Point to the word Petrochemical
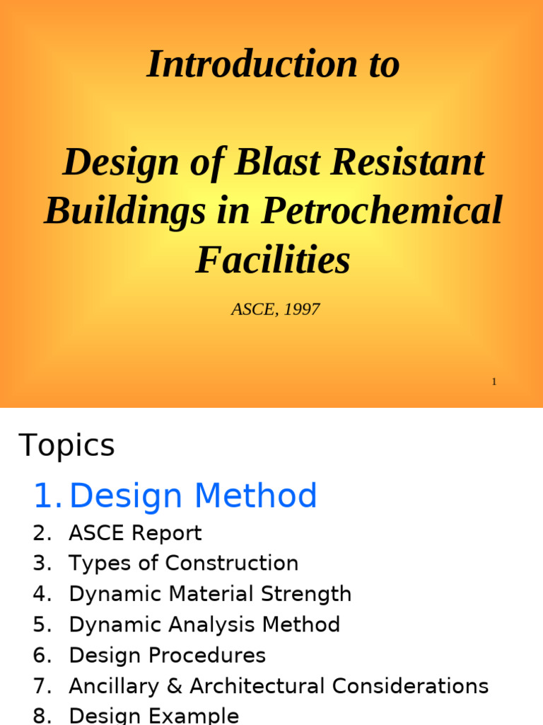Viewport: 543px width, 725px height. pyautogui.click(x=383, y=210)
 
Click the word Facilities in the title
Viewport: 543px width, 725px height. pyautogui.click(x=273, y=259)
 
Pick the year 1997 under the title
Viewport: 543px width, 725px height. pyautogui.click(x=302, y=309)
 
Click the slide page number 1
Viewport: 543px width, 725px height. pyautogui.click(x=494, y=382)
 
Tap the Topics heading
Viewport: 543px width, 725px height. pyautogui.click(x=67, y=445)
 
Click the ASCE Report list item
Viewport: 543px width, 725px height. pyautogui.click(x=135, y=533)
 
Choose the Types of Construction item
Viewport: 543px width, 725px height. pyautogui.click(x=183, y=564)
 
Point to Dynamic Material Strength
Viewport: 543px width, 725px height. pyautogui.click(x=210, y=594)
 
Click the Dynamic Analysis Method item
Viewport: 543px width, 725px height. pyautogui.click(x=204, y=624)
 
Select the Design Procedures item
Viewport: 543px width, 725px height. pyautogui.click(x=167, y=656)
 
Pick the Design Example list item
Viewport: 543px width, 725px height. pyautogui.click(x=153, y=716)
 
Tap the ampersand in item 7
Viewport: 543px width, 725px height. pyautogui.click(x=177, y=686)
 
